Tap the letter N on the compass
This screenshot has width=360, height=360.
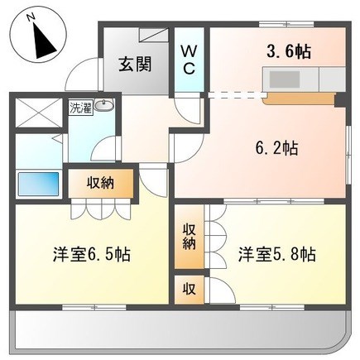(31, 17)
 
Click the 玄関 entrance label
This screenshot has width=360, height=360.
(135, 65)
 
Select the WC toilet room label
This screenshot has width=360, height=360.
(189, 60)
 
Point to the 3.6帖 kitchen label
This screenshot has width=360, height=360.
(289, 51)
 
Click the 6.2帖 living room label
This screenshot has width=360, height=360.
(277, 148)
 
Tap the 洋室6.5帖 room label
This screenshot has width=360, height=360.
(92, 255)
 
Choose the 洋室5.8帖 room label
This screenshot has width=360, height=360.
(277, 255)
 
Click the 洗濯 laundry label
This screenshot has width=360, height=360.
(80, 108)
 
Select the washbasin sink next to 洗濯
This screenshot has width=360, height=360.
(103, 105)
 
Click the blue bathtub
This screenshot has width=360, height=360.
(38, 184)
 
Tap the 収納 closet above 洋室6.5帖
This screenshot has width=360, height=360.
(101, 184)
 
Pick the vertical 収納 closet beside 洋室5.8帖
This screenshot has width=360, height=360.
(189, 237)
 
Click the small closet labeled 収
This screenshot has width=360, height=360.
(190, 290)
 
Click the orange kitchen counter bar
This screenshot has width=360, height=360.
(299, 98)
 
